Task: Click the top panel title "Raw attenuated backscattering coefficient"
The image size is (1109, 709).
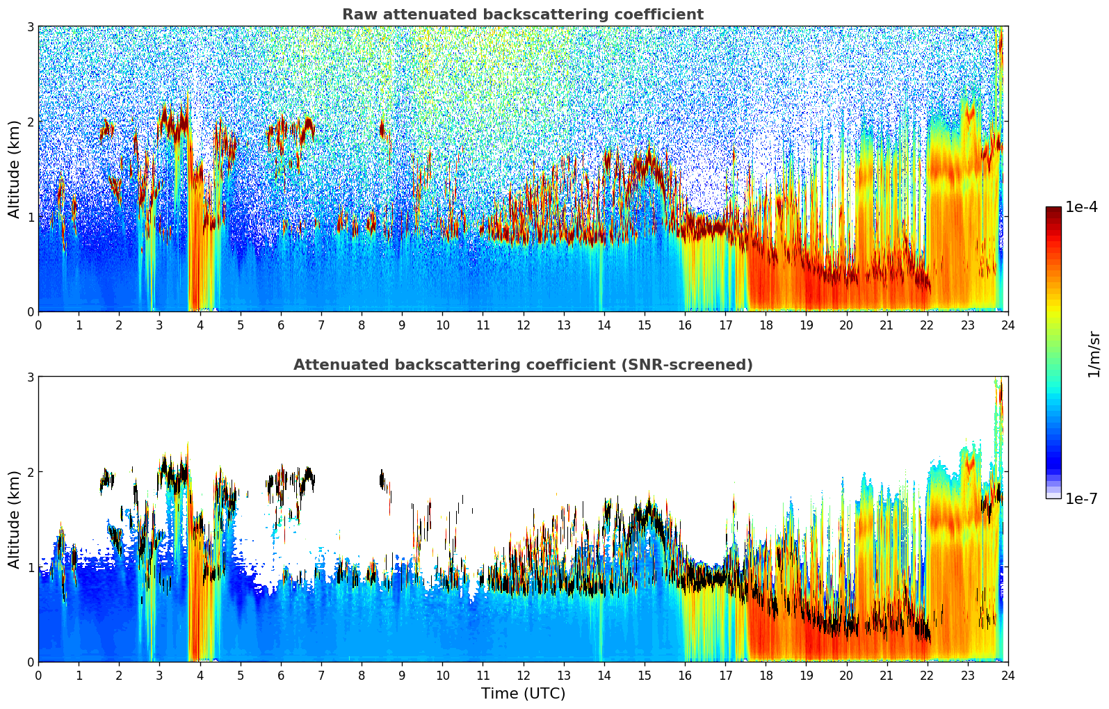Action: click(522, 15)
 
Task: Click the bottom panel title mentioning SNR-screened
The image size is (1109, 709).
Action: click(522, 365)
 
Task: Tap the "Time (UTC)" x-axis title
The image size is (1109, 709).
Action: click(523, 694)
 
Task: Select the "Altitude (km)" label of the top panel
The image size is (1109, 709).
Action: click(15, 169)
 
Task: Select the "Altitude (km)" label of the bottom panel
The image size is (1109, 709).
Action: click(15, 519)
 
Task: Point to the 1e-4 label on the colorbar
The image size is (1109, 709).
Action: click(1081, 207)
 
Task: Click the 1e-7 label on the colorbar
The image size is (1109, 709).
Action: click(1081, 498)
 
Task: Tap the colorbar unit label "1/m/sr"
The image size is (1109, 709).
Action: click(1094, 354)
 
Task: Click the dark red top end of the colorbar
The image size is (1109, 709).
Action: click(1053, 210)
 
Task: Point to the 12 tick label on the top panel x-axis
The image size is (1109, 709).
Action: click(523, 325)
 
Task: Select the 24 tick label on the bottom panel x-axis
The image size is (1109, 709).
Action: click(1007, 675)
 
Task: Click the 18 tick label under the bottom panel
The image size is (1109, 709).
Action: click(766, 675)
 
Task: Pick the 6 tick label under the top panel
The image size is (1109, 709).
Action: click(281, 325)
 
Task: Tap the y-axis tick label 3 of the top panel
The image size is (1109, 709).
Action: click(31, 27)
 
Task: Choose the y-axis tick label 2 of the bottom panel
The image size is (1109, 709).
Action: click(31, 472)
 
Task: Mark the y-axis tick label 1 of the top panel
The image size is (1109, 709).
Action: click(31, 217)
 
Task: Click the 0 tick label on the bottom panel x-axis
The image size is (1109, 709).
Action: click(38, 675)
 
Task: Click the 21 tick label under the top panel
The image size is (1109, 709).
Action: click(887, 325)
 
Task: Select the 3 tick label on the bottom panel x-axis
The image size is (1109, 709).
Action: click(159, 675)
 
